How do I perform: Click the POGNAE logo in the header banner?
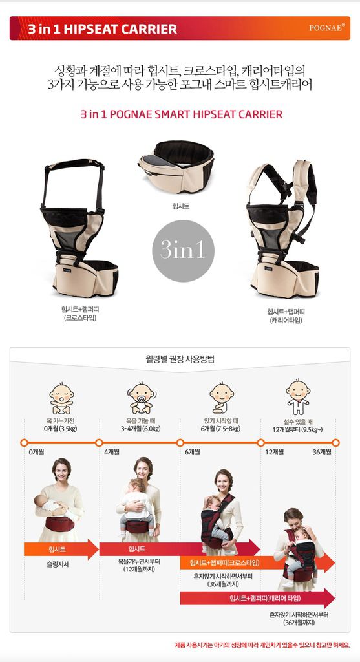coord(327,27)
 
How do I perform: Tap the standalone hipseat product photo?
coord(176,166)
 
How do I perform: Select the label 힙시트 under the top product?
coord(181,206)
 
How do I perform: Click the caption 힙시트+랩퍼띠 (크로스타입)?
coord(79,314)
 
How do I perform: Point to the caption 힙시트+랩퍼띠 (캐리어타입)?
coord(286,315)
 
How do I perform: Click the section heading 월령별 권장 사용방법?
coord(180,359)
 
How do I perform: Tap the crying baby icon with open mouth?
coord(61,398)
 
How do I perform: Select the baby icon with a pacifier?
coord(142,398)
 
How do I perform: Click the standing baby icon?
coord(298,397)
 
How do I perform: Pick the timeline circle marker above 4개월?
coord(99,442)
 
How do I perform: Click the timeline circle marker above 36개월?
coord(335,442)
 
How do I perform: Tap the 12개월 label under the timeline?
coord(274,452)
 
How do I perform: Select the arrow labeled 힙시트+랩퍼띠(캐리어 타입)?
coord(257,598)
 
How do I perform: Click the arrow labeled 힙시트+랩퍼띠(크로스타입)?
coord(257,563)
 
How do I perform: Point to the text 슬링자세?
coord(58,564)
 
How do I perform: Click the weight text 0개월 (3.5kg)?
coord(61,429)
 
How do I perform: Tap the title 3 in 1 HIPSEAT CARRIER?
coord(103,28)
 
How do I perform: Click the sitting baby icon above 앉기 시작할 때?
coord(221,398)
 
